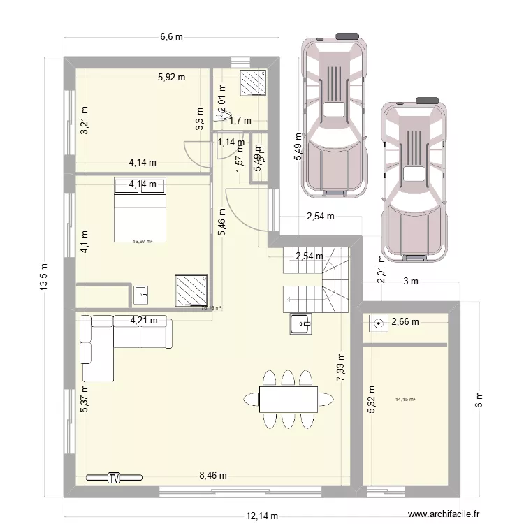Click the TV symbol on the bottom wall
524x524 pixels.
tap(114, 478)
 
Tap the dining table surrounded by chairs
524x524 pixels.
tap(288, 399)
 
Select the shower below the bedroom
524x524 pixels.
tap(190, 291)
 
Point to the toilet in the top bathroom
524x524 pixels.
tap(219, 116)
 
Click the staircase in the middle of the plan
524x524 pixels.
tap(314, 280)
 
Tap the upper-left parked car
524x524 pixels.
tap(334, 112)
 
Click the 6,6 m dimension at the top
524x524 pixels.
tap(170, 37)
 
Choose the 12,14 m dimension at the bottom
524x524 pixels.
tap(262, 516)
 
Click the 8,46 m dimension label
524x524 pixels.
tap(213, 476)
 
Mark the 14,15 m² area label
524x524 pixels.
tap(405, 400)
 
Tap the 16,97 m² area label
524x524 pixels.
tap(143, 242)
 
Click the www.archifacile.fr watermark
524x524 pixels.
tap(449, 511)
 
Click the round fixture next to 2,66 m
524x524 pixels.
tap(378, 323)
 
